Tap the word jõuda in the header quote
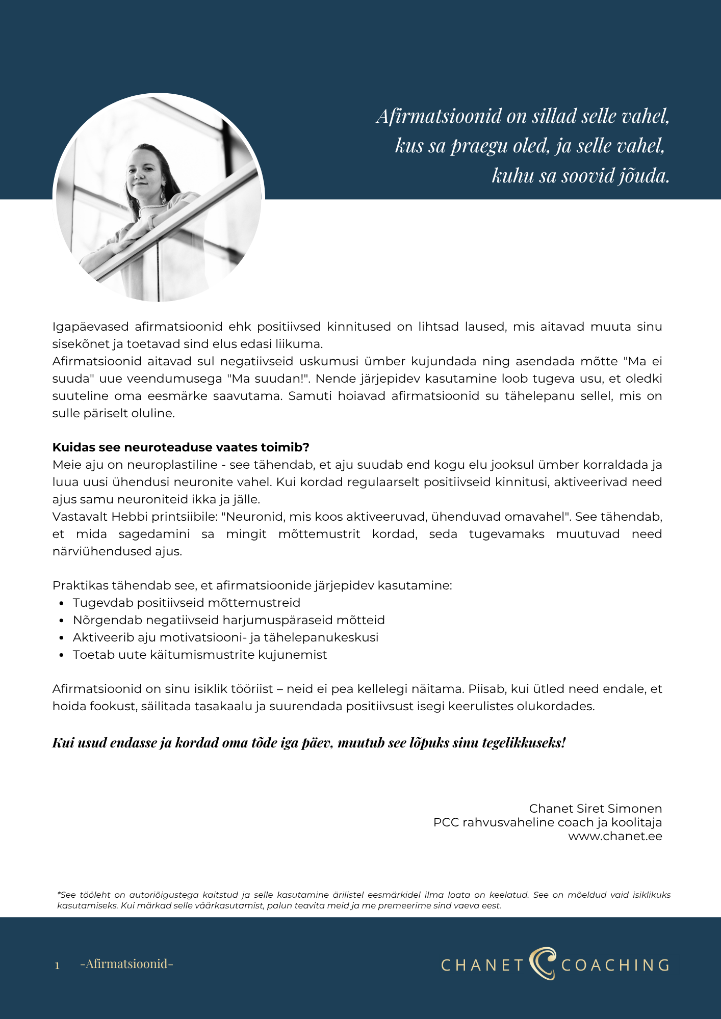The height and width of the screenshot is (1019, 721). click(x=643, y=176)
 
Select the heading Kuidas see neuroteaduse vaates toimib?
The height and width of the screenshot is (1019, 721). click(x=181, y=447)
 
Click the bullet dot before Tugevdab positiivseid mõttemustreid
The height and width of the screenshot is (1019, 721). click(x=62, y=603)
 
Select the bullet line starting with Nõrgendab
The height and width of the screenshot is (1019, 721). click(x=228, y=620)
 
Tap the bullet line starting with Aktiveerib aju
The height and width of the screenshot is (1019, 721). click(x=225, y=637)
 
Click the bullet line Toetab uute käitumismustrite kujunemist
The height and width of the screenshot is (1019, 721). click(x=199, y=655)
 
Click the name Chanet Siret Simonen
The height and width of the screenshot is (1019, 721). click(x=595, y=809)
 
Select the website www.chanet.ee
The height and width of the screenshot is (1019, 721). click(x=615, y=836)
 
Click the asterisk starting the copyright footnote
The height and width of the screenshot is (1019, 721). click(x=59, y=895)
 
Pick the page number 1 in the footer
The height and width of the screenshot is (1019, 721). click(x=57, y=966)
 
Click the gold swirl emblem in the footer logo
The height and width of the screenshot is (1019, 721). click(x=542, y=963)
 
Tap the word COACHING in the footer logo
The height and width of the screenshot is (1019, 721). click(x=615, y=965)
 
